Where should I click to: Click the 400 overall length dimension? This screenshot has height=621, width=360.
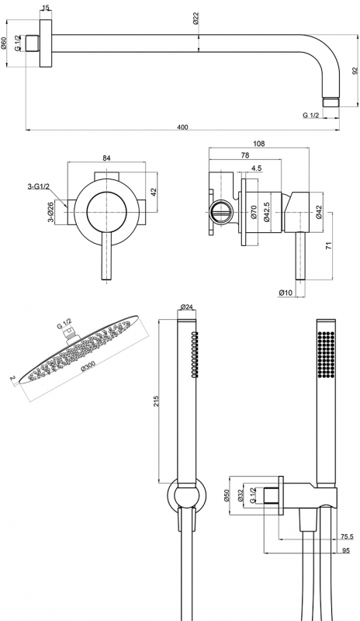(182, 127)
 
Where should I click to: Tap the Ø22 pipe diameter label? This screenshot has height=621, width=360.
(196, 18)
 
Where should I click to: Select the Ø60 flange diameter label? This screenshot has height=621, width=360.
(4, 43)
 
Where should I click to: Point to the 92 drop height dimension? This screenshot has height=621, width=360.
(355, 71)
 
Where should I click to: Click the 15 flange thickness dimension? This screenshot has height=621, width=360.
(46, 7)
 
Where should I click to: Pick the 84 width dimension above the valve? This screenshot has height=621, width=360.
(106, 158)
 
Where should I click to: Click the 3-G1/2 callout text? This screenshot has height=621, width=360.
(39, 186)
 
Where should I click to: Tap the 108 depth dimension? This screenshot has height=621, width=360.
(259, 144)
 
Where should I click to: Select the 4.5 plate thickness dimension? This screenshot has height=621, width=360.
(256, 168)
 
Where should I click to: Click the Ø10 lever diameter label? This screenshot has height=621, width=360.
(286, 293)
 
